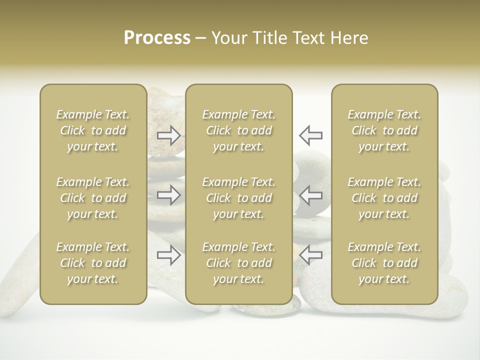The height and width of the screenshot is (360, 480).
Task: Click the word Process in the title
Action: point(157,38)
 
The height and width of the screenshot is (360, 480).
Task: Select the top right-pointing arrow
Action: point(169,135)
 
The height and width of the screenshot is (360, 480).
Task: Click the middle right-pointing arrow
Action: point(169,195)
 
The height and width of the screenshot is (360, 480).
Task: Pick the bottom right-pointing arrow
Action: point(169,255)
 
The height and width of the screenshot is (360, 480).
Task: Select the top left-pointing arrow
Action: point(310,135)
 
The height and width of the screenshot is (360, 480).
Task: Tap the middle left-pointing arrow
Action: point(310,195)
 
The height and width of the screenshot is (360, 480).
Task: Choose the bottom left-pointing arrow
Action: point(310,255)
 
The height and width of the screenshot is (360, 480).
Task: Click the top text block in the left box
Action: point(93,130)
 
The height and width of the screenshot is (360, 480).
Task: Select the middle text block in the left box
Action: point(93,198)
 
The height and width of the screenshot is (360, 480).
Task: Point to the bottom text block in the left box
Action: point(93,263)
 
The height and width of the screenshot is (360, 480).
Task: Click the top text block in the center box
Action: point(238,130)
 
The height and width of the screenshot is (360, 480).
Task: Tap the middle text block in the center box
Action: point(238,198)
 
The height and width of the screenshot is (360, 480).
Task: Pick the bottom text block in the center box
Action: point(238,263)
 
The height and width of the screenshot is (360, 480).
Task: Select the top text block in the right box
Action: point(384,130)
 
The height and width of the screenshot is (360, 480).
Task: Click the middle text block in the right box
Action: point(384,198)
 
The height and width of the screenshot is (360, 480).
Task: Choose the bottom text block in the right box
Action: point(384,263)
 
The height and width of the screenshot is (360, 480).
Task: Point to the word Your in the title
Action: point(229,38)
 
